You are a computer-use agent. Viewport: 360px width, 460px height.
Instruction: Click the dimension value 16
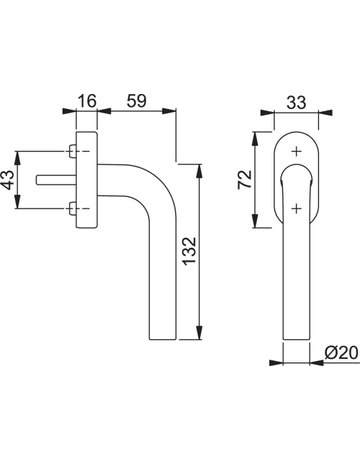click(87, 101)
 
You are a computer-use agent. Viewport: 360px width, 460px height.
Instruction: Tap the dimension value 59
click(136, 101)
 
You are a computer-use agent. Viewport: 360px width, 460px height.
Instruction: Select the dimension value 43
click(8, 180)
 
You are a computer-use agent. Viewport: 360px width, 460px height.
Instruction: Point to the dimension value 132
click(190, 251)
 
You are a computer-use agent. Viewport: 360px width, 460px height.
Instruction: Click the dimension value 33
click(296, 102)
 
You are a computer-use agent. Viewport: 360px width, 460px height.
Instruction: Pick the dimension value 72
click(245, 179)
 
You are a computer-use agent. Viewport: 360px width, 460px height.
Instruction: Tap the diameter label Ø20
click(341, 352)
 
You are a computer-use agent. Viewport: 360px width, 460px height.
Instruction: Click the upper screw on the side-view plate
click(72, 152)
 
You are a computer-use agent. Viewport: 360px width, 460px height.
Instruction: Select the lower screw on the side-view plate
click(72, 209)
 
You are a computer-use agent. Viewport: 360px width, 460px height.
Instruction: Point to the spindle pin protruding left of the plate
click(56, 179)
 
